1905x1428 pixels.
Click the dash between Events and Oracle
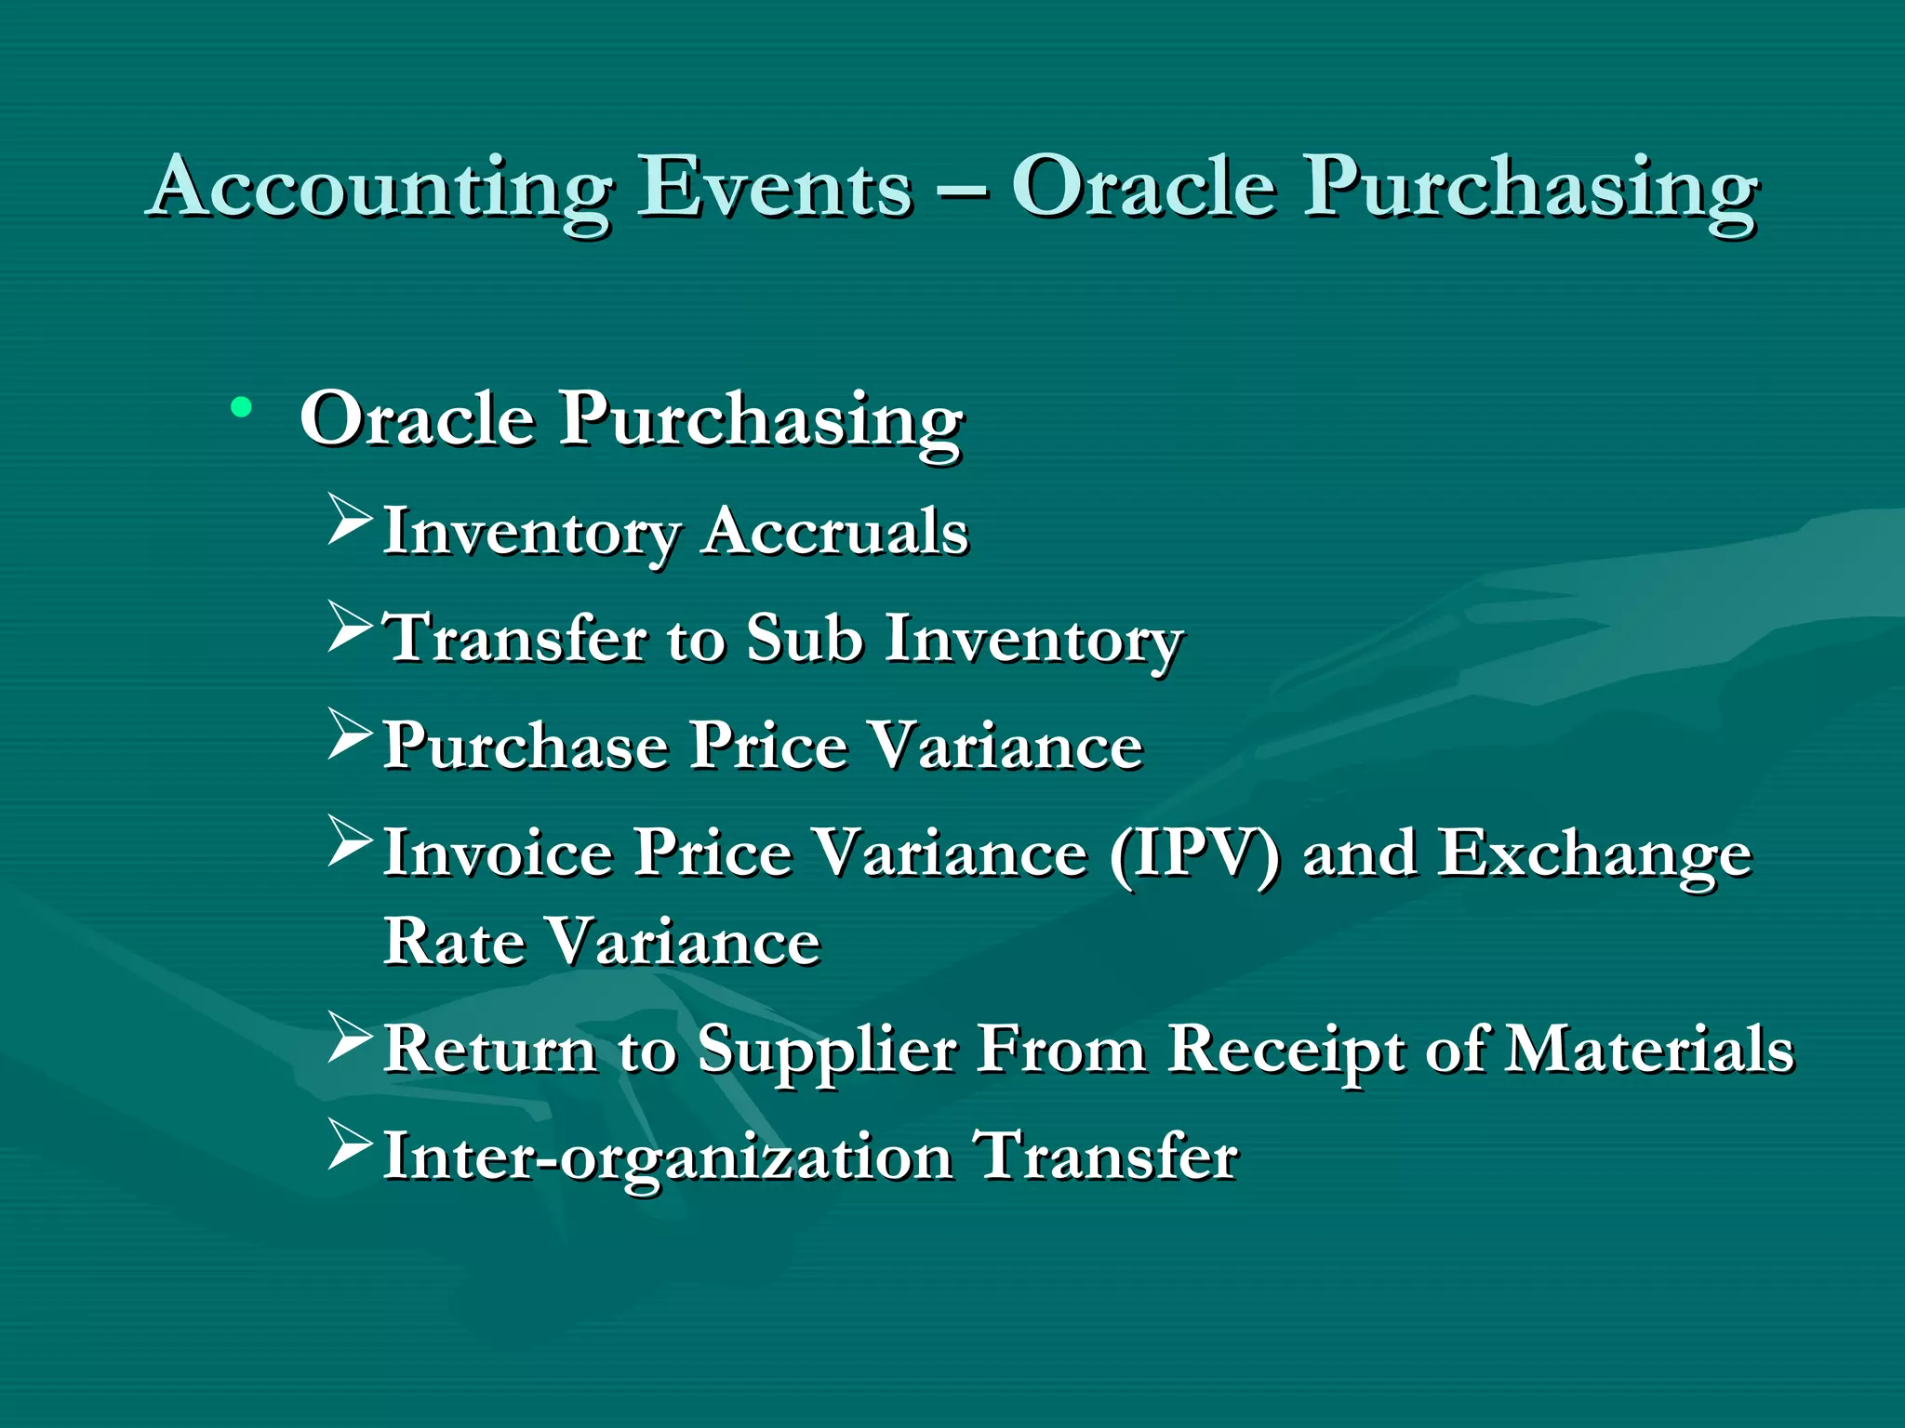tap(962, 191)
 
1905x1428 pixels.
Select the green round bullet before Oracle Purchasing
tap(242, 407)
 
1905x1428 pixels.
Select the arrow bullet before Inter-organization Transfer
tap(350, 1145)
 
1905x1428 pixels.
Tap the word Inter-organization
tap(668, 1157)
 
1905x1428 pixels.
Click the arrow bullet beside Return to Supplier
tap(350, 1038)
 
